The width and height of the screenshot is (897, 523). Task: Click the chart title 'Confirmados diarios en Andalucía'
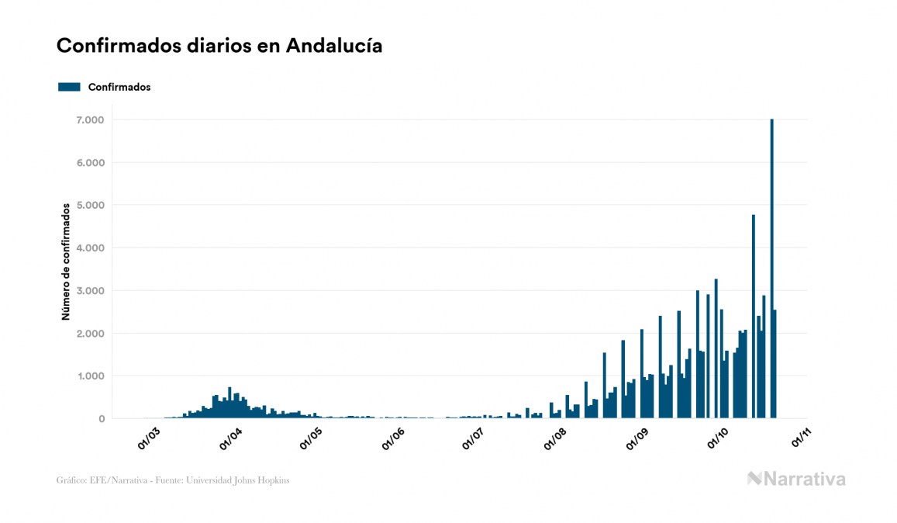[x=219, y=46]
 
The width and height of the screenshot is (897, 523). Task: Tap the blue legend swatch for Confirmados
[x=69, y=87]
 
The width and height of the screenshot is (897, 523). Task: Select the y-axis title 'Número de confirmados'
[x=67, y=261]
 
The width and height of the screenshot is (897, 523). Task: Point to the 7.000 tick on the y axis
[x=90, y=120]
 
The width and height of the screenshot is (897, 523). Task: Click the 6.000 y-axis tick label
[x=90, y=163]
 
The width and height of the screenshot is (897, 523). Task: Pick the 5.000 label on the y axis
[x=90, y=206]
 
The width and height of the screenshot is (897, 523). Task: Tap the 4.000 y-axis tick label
[x=90, y=248]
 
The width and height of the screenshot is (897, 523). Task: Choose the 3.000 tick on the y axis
[x=90, y=291]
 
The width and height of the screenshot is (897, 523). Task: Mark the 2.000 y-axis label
[x=90, y=334]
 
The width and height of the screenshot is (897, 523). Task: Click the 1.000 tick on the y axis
[x=90, y=376]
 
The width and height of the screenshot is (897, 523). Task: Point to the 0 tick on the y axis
[x=101, y=419]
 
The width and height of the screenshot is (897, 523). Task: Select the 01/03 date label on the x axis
[x=149, y=439]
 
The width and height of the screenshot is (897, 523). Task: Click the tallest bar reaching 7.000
[x=772, y=233]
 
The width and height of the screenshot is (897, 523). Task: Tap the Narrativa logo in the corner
[x=796, y=480]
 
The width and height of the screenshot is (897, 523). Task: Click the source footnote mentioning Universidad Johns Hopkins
[x=173, y=480]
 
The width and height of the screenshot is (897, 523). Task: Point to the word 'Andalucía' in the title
[x=334, y=46]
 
